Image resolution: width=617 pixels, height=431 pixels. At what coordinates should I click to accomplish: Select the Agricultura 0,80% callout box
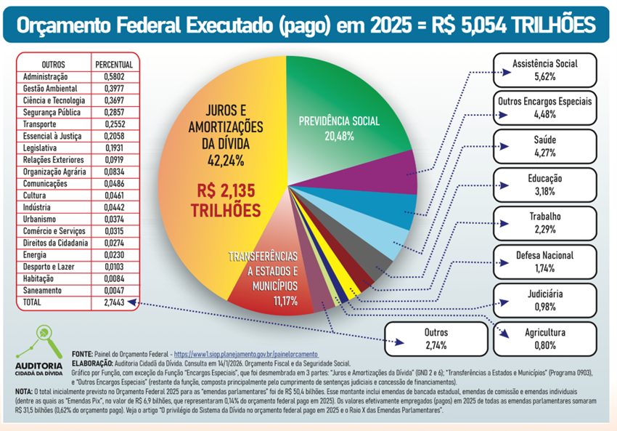point(545,339)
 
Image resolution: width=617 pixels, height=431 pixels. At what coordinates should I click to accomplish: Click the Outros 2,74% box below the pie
point(436,339)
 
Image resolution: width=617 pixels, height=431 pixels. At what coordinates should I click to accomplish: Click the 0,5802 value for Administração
point(113,76)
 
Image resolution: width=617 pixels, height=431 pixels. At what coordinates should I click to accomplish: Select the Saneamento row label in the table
point(44,290)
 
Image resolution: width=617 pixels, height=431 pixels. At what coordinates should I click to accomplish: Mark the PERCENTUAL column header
point(113,65)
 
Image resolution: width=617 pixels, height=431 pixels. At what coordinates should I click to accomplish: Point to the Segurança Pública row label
point(53,113)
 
